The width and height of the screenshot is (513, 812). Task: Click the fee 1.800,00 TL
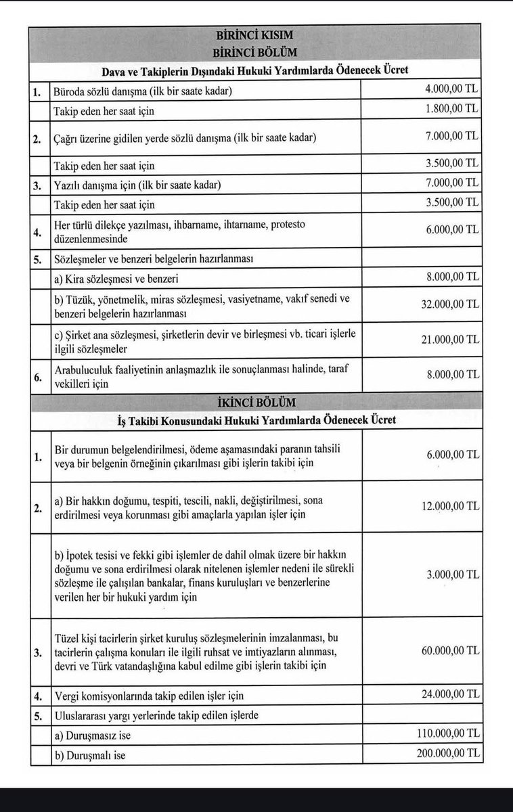point(447,108)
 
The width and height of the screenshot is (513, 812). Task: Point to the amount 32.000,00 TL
point(447,305)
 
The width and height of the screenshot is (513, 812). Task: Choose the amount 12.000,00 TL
point(447,506)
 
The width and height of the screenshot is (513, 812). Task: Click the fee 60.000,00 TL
point(447,650)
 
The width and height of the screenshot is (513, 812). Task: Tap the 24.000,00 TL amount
point(447,695)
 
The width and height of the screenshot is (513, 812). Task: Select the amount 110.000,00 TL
point(445,734)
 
